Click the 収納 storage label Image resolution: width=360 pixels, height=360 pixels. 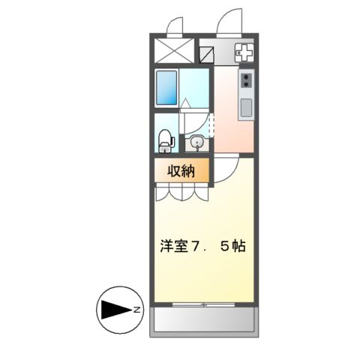pyautogui.click(x=180, y=171)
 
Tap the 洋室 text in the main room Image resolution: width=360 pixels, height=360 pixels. pyautogui.click(x=172, y=246)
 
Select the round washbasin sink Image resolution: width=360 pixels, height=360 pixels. pyautogui.click(x=197, y=141)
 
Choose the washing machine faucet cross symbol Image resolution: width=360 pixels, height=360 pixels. pyautogui.click(x=245, y=52)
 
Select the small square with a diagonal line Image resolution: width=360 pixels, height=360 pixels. pyautogui.click(x=206, y=54)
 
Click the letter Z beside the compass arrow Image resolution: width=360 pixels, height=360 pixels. pyautogui.click(x=136, y=309)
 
